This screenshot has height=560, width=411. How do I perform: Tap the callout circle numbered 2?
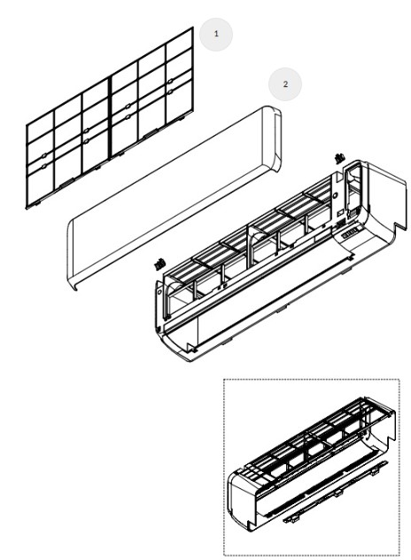click(285, 83)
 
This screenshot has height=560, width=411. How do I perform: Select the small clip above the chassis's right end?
click(338, 157)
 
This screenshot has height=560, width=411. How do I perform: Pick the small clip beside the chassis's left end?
click(159, 263)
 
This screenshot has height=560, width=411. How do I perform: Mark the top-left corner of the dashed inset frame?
click(224, 380)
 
